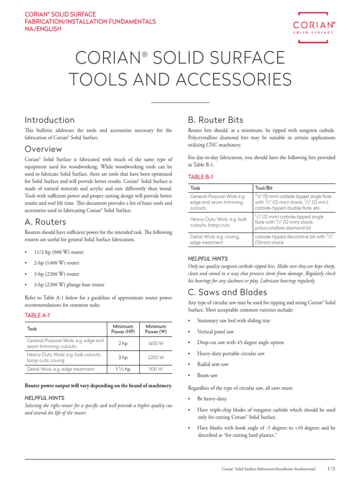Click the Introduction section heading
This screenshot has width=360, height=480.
click(50, 120)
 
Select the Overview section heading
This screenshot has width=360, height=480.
click(43, 149)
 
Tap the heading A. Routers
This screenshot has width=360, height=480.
click(45, 222)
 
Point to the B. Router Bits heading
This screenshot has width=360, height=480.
click(215, 120)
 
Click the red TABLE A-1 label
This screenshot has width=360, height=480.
click(37, 315)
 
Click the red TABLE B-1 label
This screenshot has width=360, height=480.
click(200, 177)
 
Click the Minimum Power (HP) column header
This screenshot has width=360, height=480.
click(123, 329)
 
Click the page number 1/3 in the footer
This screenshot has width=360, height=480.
click(331, 468)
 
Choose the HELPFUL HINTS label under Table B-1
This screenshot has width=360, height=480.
click(208, 258)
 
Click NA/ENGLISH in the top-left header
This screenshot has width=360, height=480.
click(43, 29)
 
